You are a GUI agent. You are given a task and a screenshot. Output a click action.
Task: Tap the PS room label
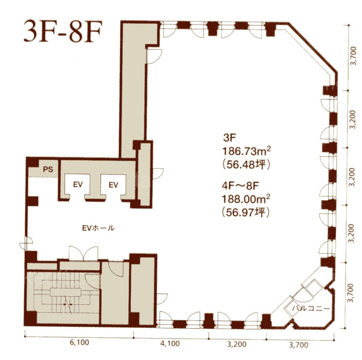[48, 170]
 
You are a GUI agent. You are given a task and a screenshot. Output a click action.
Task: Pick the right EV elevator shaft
[113, 185]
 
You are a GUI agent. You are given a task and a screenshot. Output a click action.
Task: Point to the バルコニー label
[311, 308]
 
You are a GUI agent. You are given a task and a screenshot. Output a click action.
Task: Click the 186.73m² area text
[246, 152]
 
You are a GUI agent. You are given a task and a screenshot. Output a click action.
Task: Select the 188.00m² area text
[246, 199]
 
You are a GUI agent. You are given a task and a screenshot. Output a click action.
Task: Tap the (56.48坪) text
[246, 165]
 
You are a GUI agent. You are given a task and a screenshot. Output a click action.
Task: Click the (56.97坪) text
[246, 212]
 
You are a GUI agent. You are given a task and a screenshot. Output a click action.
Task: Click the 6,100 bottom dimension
[79, 342]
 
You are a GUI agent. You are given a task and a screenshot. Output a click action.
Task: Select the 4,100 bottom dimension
[170, 344]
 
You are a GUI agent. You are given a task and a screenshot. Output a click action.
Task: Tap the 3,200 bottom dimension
[237, 344]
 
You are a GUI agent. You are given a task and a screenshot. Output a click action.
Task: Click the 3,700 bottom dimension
[298, 345]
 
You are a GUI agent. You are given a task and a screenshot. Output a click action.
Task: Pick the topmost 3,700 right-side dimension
[353, 56]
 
